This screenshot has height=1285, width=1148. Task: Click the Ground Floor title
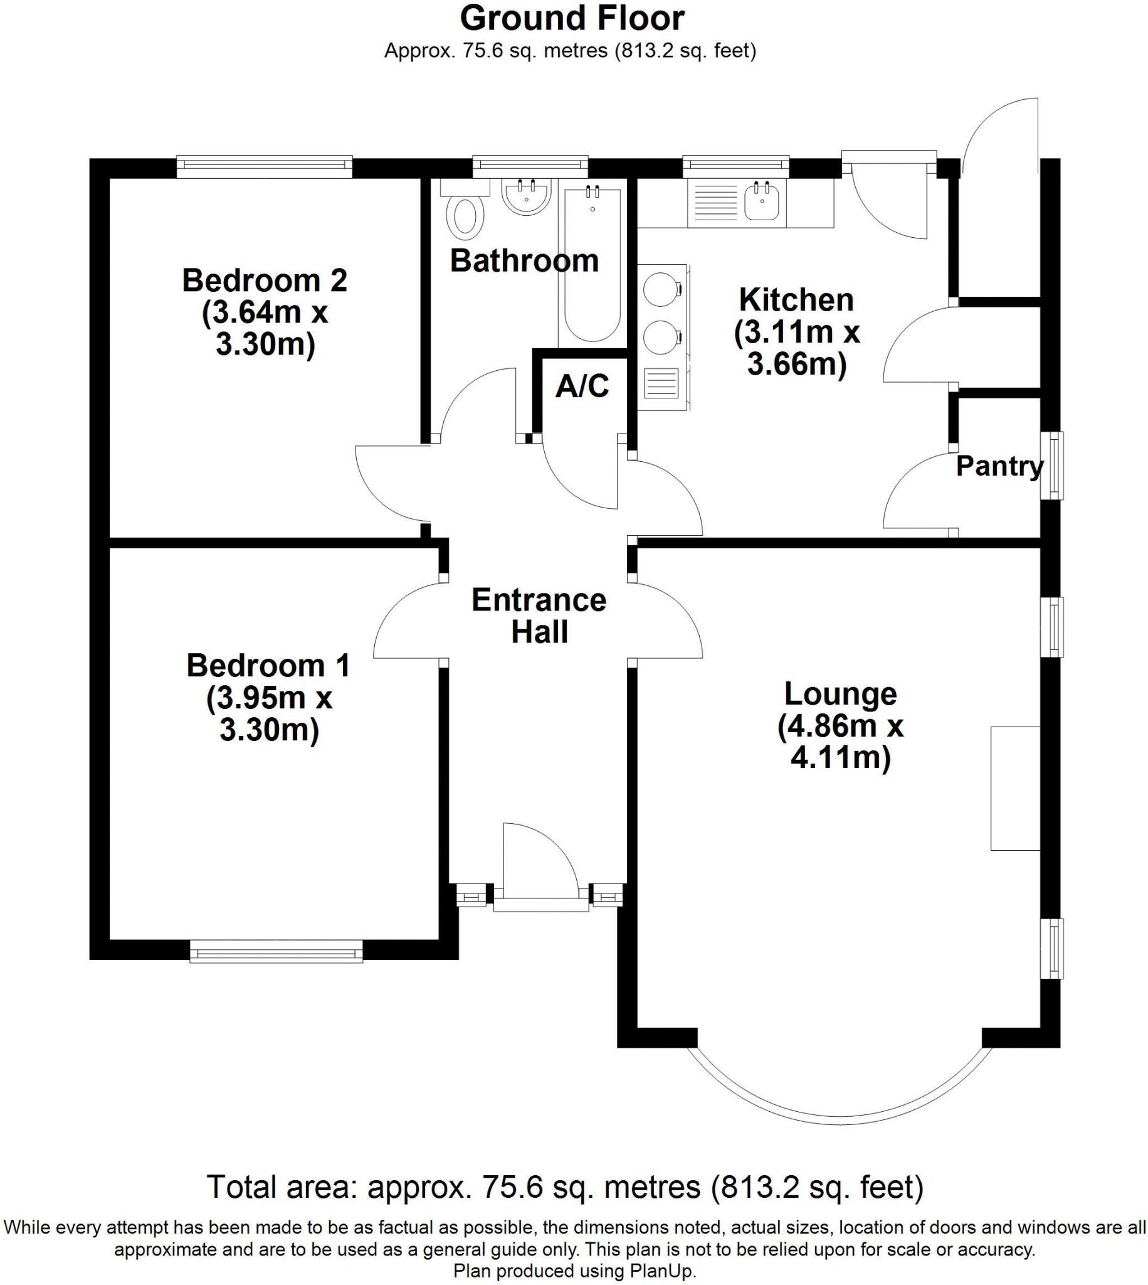[571, 18]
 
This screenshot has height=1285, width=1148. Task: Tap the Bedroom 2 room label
[265, 280]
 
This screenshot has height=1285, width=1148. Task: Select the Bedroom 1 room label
[268, 665]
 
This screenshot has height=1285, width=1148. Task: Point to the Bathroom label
[524, 260]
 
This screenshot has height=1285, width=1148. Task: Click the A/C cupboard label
[582, 387]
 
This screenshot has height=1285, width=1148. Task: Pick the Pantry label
[999, 466]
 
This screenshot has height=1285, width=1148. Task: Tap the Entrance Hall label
[539, 616]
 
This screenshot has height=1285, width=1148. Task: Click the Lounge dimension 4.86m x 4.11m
[840, 742]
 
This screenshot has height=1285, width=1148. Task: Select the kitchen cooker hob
[660, 314]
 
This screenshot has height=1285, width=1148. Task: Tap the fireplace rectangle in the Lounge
[1014, 787]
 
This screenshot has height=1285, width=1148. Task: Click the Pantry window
[1051, 466]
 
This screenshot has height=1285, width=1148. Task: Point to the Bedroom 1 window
[276, 951]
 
